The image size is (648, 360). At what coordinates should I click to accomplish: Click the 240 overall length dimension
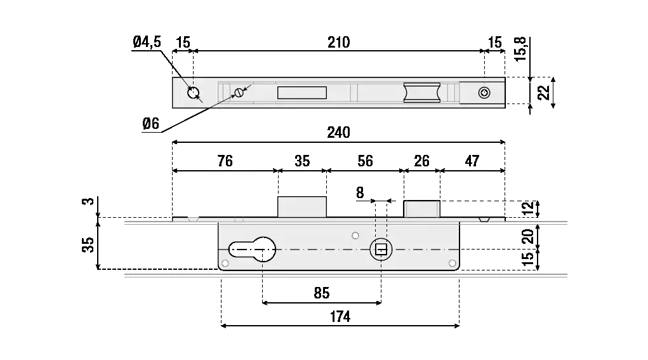coord(339,132)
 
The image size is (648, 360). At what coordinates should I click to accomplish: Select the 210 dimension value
coord(339,43)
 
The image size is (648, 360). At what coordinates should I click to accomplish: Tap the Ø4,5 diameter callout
coord(147,43)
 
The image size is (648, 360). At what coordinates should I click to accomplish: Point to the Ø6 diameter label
coord(150,124)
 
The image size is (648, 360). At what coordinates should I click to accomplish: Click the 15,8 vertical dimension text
coord(520,48)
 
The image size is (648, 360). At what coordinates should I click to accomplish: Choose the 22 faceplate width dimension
coord(543,93)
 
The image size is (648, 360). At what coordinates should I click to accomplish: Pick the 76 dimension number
coord(225,161)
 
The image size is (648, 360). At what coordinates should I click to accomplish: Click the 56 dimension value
coord(365,161)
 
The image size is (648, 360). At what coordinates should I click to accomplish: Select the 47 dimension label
coord(472,161)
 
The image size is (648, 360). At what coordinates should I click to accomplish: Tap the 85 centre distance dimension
coord(322,293)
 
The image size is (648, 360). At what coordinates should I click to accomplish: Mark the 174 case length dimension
coord(340,317)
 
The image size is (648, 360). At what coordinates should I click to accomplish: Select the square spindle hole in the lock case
coord(381,249)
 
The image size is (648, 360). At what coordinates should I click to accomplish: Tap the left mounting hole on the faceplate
coord(193,93)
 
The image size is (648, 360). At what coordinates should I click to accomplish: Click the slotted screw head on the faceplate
coord(239,93)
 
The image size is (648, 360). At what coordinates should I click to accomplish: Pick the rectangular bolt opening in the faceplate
coord(302,93)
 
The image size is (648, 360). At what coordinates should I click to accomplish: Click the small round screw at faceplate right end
coord(484,93)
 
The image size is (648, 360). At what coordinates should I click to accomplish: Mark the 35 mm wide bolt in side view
coord(302,208)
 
